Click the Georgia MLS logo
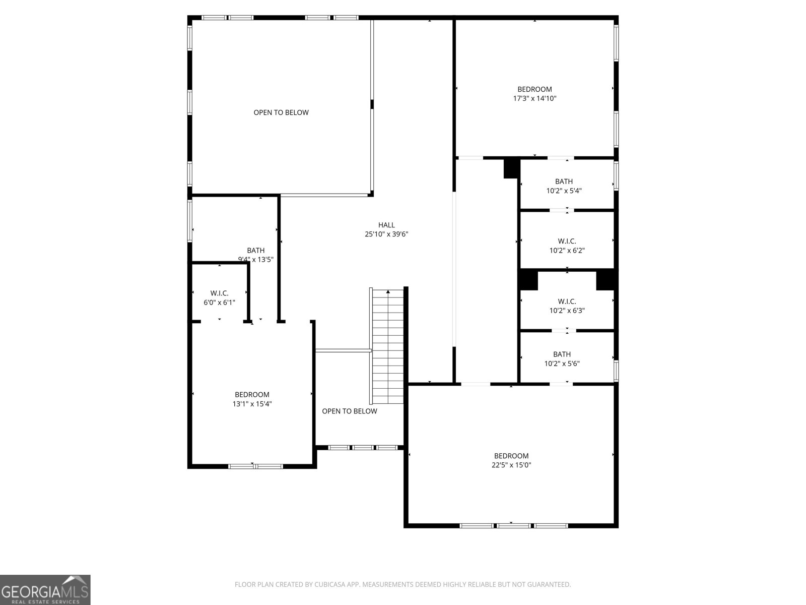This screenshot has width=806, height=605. point(45,589)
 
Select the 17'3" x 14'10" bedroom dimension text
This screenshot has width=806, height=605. point(534,99)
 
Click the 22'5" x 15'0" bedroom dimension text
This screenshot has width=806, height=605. point(511,465)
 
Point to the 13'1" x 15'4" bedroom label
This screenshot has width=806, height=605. point(252,395)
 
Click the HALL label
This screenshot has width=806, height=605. point(386,225)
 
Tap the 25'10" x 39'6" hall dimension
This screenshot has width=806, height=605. point(386,234)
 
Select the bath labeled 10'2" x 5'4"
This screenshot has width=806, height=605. point(564,186)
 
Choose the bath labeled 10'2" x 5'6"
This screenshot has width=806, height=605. point(562,358)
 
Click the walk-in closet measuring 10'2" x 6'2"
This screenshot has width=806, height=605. point(567,246)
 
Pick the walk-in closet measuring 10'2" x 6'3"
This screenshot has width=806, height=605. point(567,306)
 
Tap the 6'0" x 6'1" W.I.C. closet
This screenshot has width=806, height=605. point(219,297)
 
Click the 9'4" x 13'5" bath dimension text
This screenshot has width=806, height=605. point(256,260)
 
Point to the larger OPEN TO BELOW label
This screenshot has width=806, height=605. point(281,112)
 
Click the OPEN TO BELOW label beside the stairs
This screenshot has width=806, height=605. point(349,411)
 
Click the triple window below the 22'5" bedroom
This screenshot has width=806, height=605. point(514,526)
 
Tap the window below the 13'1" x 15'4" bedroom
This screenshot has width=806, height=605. point(254,466)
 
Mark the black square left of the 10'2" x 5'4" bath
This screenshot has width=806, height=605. point(511,168)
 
